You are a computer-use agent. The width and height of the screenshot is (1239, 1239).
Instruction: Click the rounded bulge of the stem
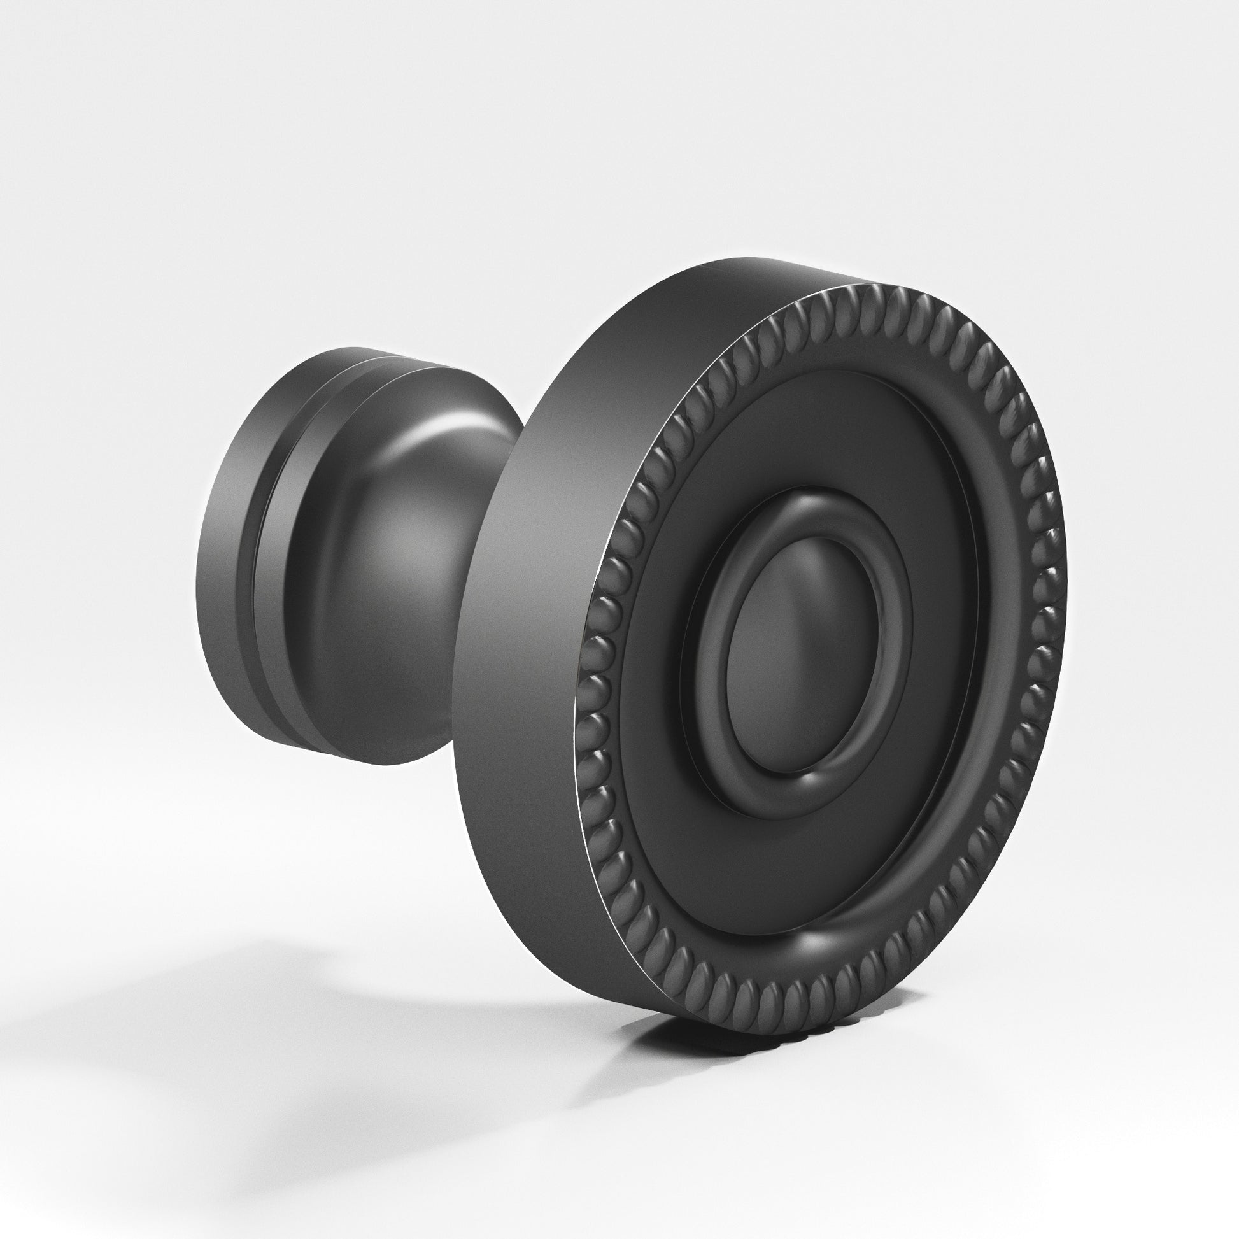point(385,577)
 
